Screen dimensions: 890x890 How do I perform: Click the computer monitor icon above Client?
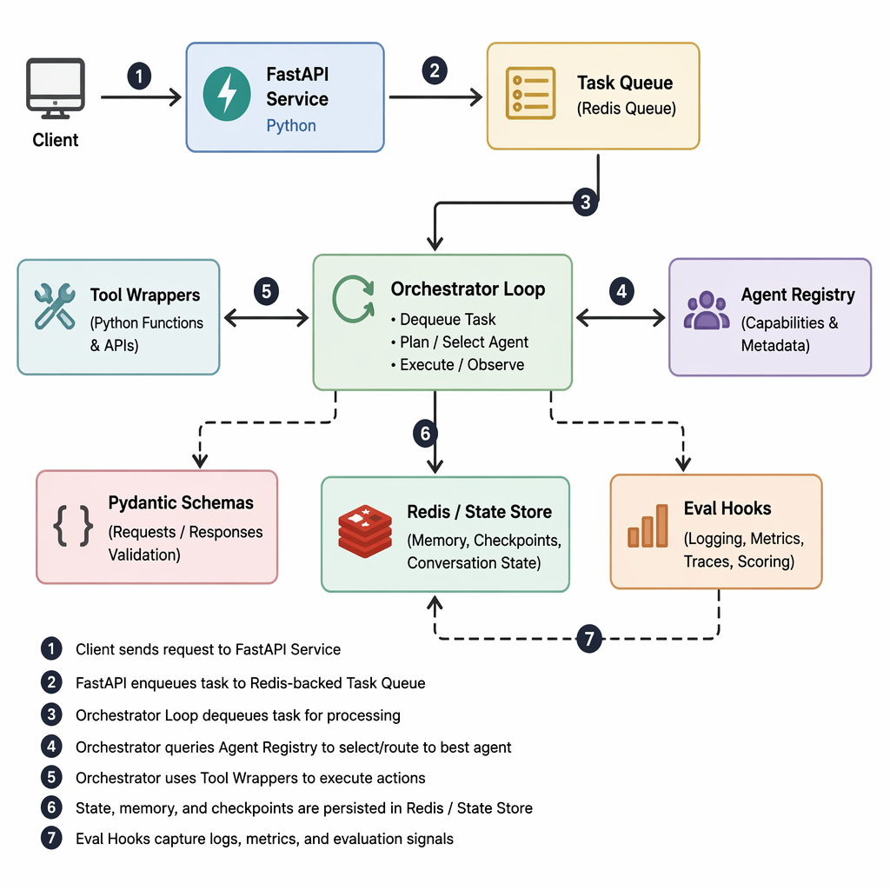click(55, 89)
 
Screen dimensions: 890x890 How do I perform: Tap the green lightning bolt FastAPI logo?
click(227, 94)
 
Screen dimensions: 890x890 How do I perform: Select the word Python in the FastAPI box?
click(291, 125)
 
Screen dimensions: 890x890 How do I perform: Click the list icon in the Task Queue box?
click(530, 93)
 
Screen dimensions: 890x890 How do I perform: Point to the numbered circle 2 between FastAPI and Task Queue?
click(435, 71)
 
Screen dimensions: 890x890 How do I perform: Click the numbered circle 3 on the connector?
click(585, 202)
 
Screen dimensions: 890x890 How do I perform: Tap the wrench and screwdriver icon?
click(55, 307)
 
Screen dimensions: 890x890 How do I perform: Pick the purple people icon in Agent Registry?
click(707, 310)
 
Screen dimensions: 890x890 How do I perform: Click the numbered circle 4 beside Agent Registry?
click(621, 291)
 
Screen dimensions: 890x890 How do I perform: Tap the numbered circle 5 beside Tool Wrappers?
click(266, 291)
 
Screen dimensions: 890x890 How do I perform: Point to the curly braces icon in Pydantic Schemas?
click(73, 526)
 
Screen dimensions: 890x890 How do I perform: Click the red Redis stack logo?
click(365, 531)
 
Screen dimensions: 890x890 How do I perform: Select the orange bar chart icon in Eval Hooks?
click(648, 526)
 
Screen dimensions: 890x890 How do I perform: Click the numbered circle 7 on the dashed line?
click(589, 639)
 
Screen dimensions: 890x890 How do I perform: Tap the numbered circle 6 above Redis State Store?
click(425, 434)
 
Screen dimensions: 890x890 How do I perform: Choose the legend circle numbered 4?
click(51, 746)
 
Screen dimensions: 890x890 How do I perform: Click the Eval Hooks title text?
click(727, 508)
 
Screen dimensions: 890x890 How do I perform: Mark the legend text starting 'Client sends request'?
click(209, 649)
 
